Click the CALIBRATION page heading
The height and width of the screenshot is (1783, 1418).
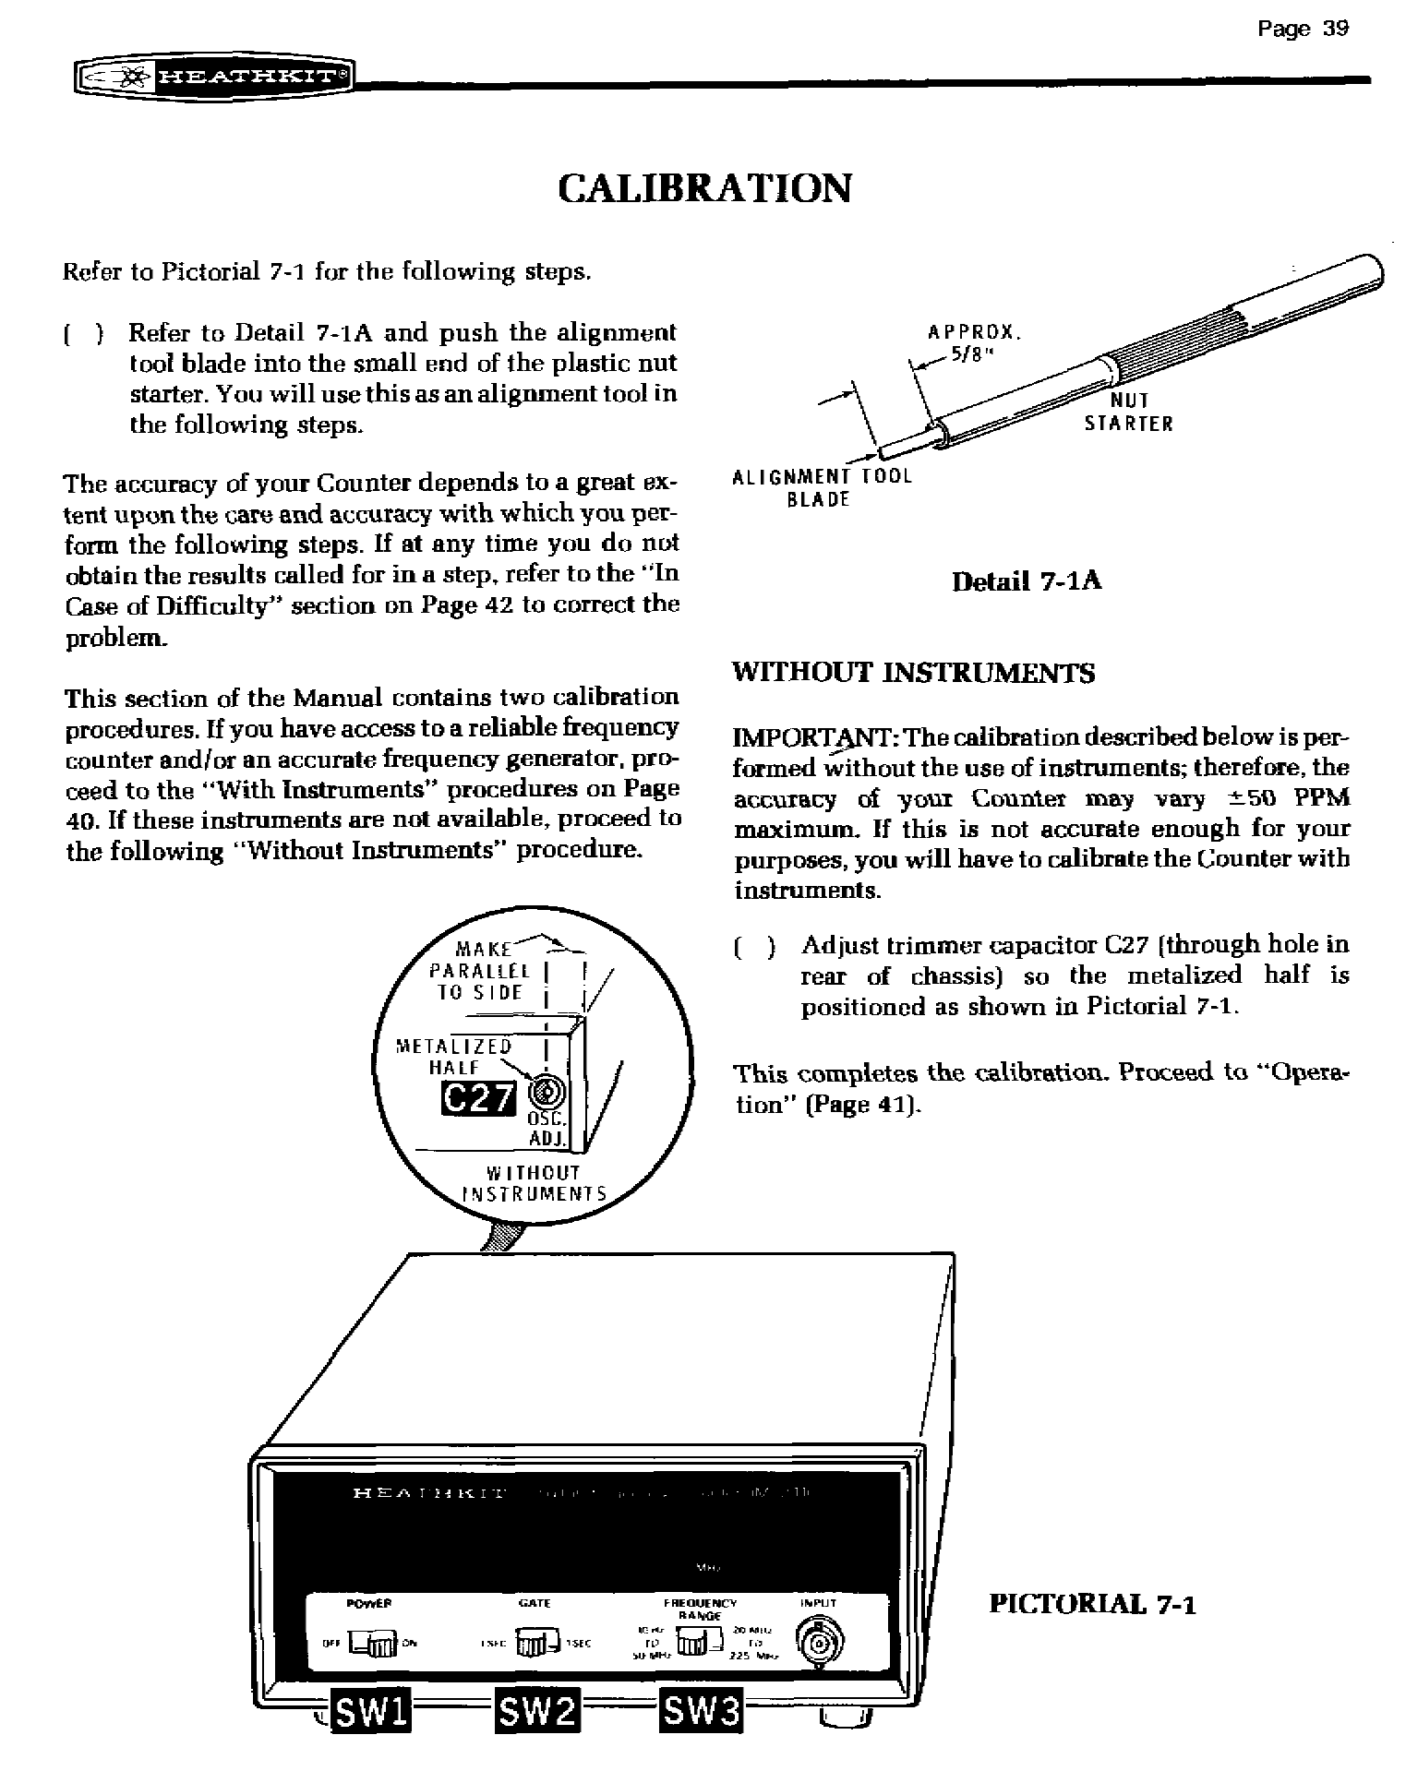tap(705, 188)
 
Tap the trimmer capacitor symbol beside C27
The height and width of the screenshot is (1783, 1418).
tap(545, 1094)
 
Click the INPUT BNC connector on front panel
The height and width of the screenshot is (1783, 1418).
tap(818, 1645)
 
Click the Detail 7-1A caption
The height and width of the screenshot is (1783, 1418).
tap(1027, 581)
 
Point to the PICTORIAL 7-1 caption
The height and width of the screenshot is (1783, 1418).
tap(1092, 1605)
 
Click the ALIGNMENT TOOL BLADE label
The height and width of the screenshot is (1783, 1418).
tap(821, 488)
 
